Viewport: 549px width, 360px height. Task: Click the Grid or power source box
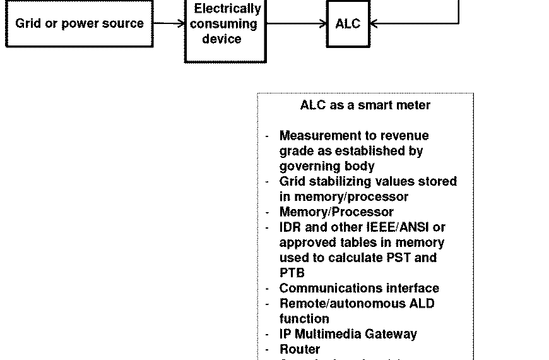pyautogui.click(x=80, y=24)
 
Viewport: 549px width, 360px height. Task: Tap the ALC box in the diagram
pyautogui.click(x=348, y=24)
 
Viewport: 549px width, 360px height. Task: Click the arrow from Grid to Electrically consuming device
pyautogui.click(x=169, y=23)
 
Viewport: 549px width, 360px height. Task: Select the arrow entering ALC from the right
pyautogui.click(x=413, y=24)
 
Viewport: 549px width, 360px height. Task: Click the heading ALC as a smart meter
pyautogui.click(x=365, y=105)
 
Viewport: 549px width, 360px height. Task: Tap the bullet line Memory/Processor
pyautogui.click(x=336, y=212)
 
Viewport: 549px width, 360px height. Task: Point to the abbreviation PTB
pyautogui.click(x=292, y=273)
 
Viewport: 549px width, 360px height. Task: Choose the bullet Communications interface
pyautogui.click(x=359, y=288)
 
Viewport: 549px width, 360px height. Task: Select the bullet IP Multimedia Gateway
pyautogui.click(x=348, y=333)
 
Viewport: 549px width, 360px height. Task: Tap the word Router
pyautogui.click(x=300, y=349)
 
